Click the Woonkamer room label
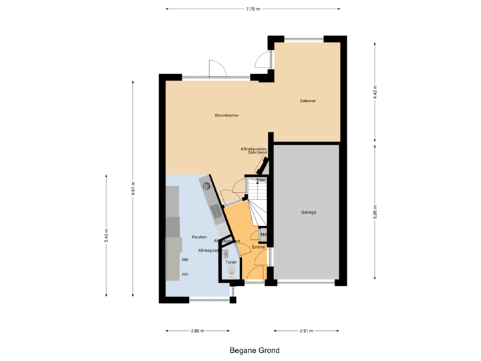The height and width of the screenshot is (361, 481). (227, 116)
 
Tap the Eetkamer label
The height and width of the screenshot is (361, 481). (308, 102)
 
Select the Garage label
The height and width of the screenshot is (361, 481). (308, 213)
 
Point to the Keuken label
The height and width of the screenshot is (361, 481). (199, 237)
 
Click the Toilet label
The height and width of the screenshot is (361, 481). (231, 263)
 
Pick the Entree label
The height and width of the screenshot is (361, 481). (259, 247)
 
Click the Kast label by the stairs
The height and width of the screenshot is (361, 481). (262, 180)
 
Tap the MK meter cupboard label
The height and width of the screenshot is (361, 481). (263, 235)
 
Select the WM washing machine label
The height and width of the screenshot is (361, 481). (185, 259)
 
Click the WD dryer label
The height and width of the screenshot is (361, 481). (185, 274)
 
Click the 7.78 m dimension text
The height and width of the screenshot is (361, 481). (253, 9)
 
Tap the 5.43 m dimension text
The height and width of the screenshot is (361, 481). (106, 235)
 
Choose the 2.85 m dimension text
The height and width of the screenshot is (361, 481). (198, 331)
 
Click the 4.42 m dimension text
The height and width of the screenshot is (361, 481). (375, 92)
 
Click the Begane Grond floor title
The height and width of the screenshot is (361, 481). (255, 350)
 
